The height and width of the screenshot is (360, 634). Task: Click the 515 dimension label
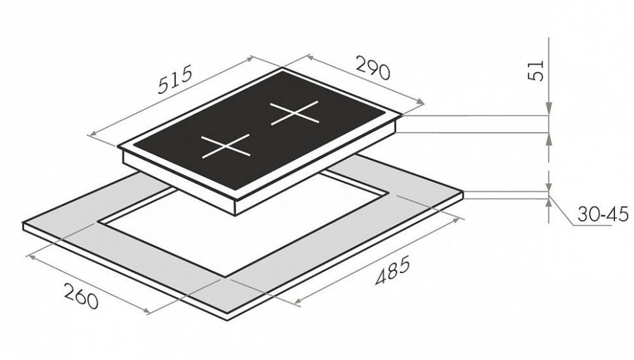click(174, 80)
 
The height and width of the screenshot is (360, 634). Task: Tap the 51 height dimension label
click(536, 71)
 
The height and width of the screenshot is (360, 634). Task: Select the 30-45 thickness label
click(603, 214)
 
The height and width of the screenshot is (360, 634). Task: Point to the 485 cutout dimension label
click(393, 270)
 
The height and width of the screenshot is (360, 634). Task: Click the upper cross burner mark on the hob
click(295, 113)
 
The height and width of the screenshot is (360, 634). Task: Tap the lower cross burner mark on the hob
click(225, 146)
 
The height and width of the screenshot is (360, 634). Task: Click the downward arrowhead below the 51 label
click(549, 108)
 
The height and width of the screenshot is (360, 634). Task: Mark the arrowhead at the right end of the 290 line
click(420, 103)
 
